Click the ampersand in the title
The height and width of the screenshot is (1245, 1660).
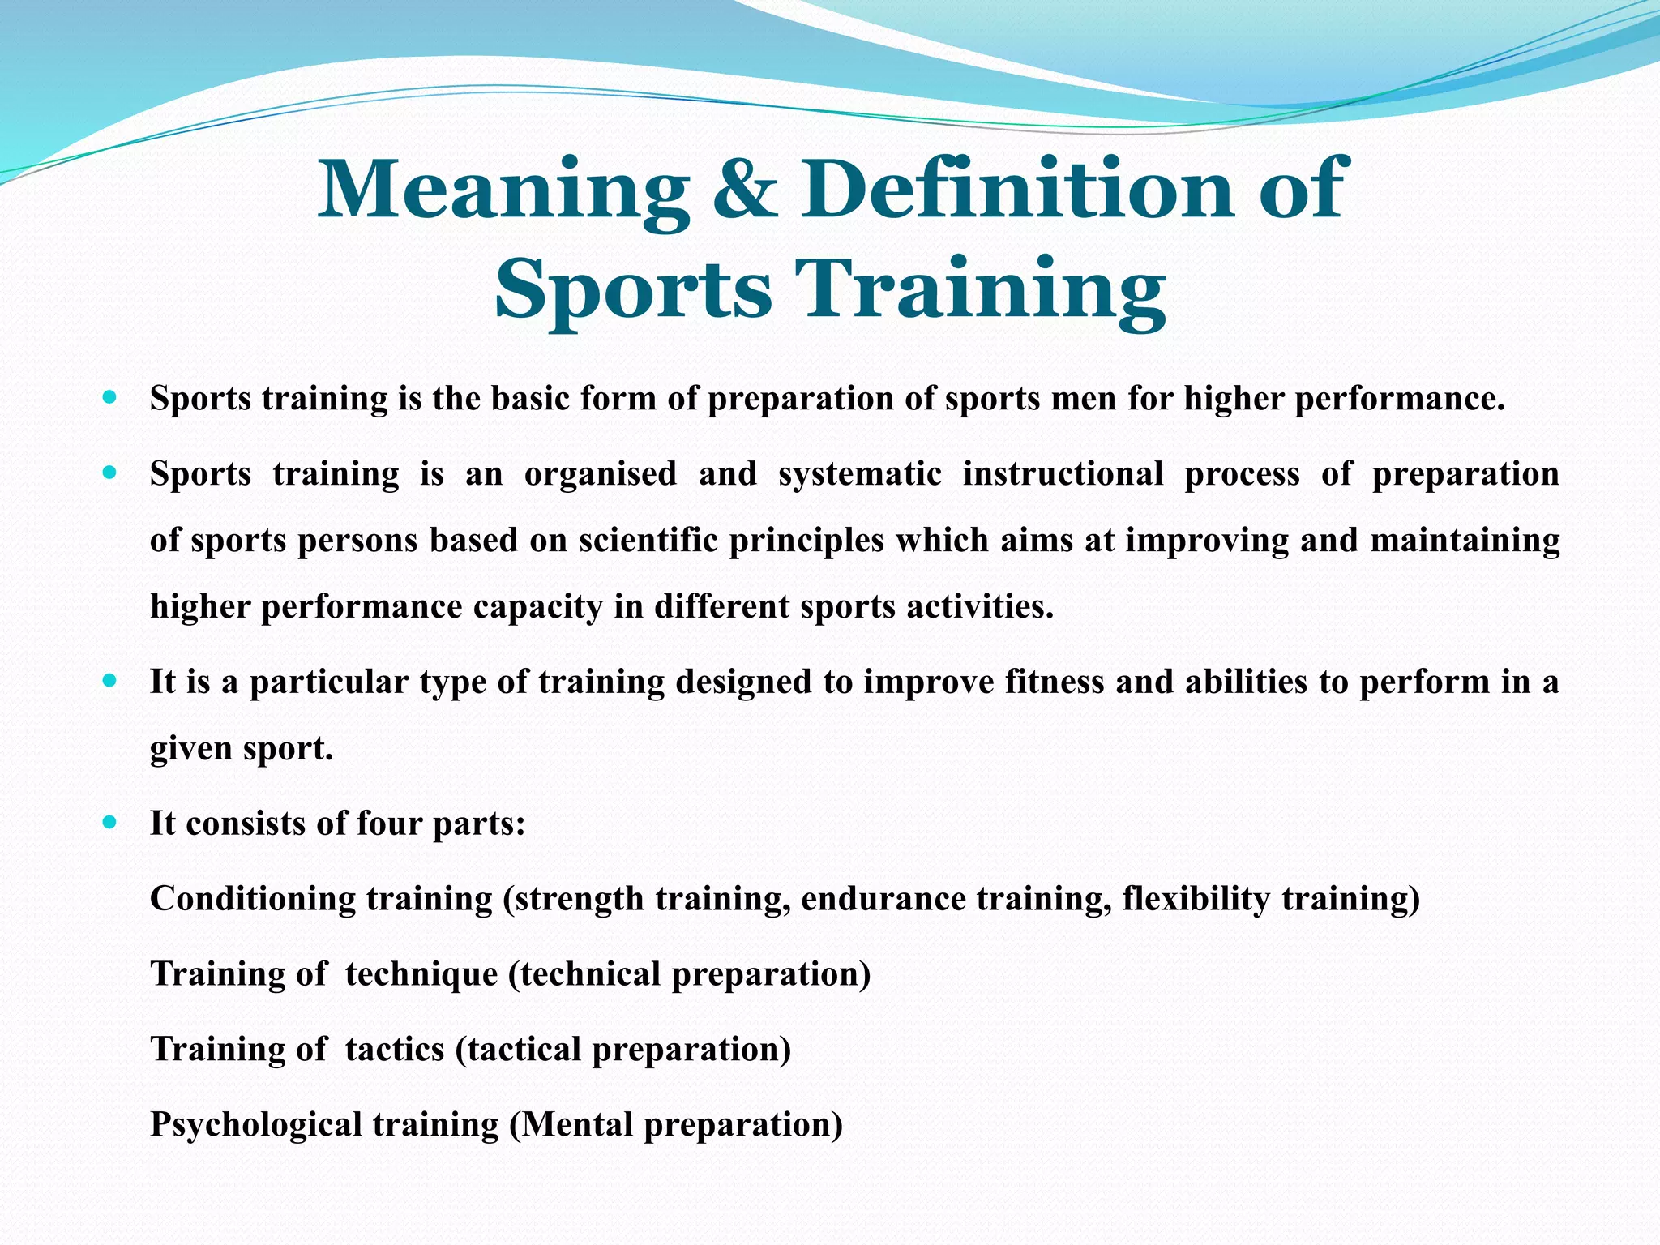[x=744, y=190]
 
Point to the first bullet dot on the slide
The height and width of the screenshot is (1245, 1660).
[x=110, y=398]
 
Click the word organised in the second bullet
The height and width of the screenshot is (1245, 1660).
[x=600, y=473]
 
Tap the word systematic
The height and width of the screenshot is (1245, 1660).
[x=859, y=473]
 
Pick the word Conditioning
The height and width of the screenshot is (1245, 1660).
[x=253, y=899]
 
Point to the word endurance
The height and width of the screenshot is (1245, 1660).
[x=883, y=899]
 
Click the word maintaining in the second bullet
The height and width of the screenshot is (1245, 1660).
[x=1465, y=540]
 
